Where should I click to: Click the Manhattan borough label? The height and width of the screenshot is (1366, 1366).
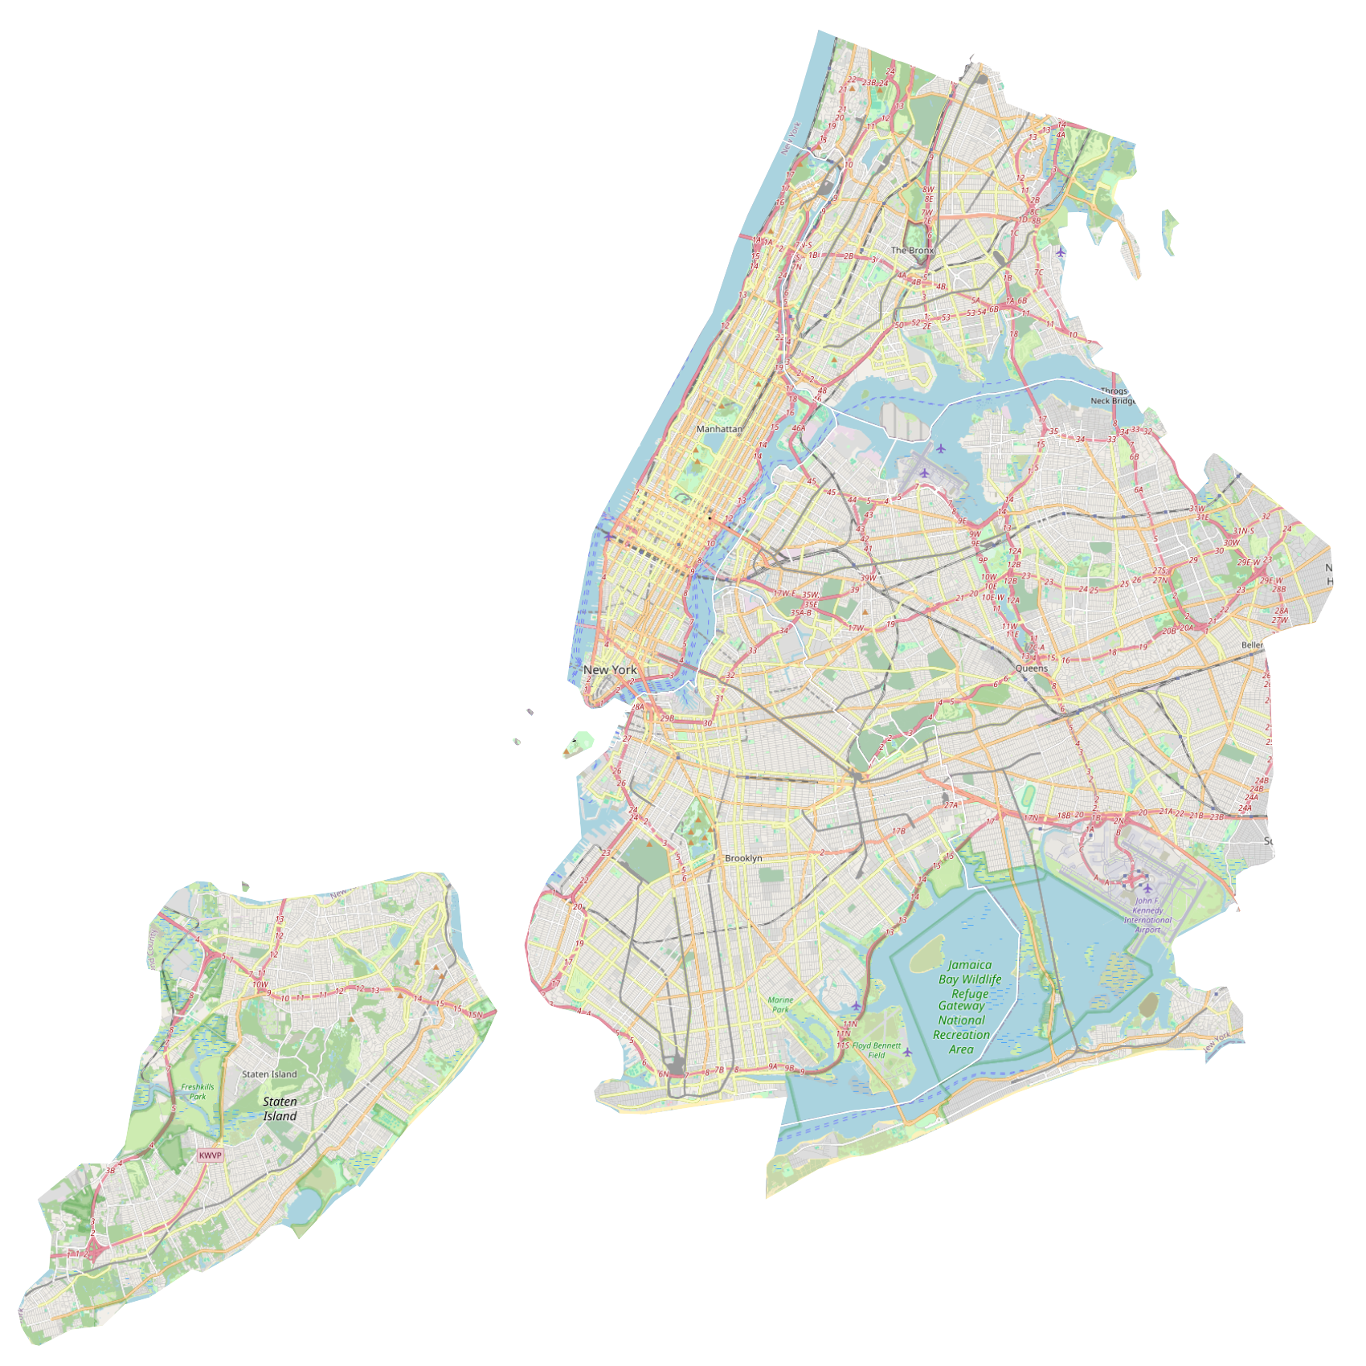pyautogui.click(x=719, y=429)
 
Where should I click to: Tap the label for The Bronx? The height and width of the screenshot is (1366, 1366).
pyautogui.click(x=912, y=251)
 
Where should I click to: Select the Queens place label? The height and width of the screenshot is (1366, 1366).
pyautogui.click(x=1031, y=669)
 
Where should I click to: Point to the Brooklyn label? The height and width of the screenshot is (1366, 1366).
pyautogui.click(x=743, y=858)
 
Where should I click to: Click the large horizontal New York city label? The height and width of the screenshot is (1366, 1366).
pyautogui.click(x=610, y=669)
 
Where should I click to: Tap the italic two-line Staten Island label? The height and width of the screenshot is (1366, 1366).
pyautogui.click(x=280, y=1109)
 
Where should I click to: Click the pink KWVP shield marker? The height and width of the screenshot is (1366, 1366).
pyautogui.click(x=210, y=1155)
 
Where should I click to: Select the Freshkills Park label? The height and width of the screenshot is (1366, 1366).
pyautogui.click(x=198, y=1091)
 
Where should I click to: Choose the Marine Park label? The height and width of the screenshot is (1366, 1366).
pyautogui.click(x=780, y=1004)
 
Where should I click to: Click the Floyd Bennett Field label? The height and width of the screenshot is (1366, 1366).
pyautogui.click(x=877, y=1050)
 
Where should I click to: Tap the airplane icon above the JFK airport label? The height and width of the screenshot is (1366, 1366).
pyautogui.click(x=1147, y=888)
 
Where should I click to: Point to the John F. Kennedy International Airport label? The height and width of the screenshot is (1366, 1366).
pyautogui.click(x=1147, y=915)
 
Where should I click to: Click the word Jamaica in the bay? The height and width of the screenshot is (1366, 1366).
pyautogui.click(x=970, y=965)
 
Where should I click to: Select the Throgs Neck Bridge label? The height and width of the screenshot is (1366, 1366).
pyautogui.click(x=1113, y=396)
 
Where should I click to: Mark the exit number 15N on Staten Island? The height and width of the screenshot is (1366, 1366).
pyautogui.click(x=476, y=1014)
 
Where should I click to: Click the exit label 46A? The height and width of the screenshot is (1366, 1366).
pyautogui.click(x=798, y=428)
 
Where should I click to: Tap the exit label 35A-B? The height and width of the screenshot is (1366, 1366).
pyautogui.click(x=801, y=612)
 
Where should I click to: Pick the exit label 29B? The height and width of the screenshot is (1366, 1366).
pyautogui.click(x=667, y=718)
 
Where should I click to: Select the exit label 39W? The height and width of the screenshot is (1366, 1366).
pyautogui.click(x=868, y=578)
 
